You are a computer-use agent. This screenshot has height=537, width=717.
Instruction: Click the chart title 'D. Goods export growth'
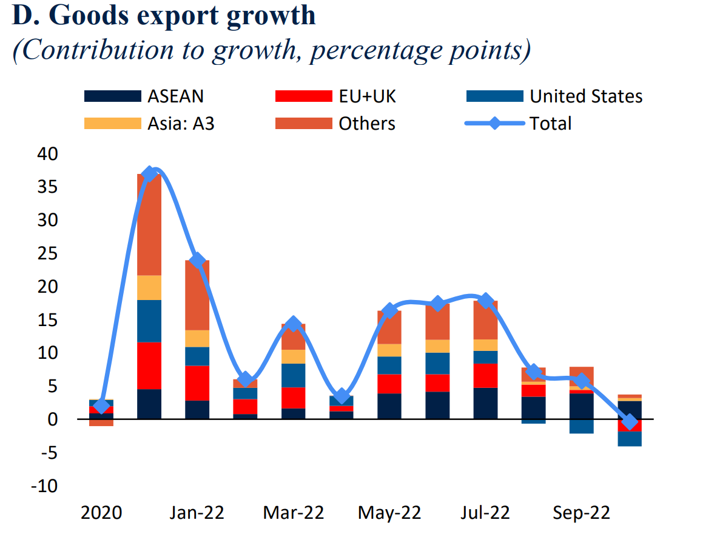pos(164,16)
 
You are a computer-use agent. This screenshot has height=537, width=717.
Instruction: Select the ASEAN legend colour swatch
pos(112,96)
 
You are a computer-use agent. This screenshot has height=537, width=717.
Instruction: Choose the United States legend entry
pos(585,96)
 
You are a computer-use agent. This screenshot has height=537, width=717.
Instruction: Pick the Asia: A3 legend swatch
pos(112,124)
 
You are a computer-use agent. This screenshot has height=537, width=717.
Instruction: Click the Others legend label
pos(366,124)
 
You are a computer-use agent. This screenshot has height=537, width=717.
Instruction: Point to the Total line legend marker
pos(494,124)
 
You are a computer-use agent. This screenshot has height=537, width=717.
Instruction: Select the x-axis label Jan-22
pos(197,513)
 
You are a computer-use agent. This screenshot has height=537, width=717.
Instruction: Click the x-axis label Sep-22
pos(581,513)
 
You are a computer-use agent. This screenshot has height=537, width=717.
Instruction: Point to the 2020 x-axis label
pos(101,513)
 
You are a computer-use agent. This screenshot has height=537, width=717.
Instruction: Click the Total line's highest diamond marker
pos(149,175)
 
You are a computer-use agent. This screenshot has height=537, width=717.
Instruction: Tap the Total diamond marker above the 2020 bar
pos(101,406)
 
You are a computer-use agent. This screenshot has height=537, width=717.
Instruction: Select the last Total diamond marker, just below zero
pos(630,422)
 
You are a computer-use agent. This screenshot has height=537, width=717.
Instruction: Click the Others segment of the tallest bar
pos(149,224)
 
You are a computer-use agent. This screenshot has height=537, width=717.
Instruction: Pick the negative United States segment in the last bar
pos(630,439)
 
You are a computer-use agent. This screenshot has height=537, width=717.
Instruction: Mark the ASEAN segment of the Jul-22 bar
pos(485,403)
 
